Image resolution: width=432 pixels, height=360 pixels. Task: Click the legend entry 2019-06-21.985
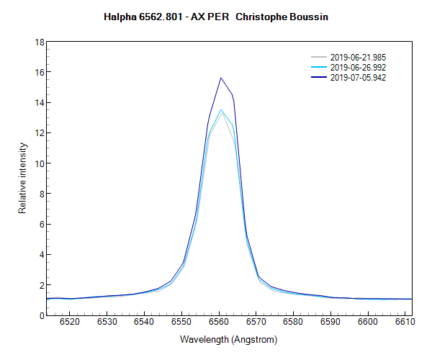[x=359, y=57]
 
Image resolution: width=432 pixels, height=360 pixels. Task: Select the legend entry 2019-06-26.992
[x=359, y=67]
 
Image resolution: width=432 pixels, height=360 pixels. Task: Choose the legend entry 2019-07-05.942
[x=359, y=77]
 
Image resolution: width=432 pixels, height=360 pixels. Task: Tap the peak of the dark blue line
[x=221, y=78]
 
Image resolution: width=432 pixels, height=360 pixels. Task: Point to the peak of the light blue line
[x=221, y=109]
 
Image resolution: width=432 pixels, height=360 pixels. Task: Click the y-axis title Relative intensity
[x=22, y=178]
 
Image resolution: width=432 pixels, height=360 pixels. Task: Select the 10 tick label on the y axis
[x=40, y=163]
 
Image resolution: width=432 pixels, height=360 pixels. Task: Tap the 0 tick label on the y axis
[x=42, y=315]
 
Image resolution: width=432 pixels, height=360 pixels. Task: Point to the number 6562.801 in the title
[x=161, y=16]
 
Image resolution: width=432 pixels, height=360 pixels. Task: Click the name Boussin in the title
[x=310, y=16]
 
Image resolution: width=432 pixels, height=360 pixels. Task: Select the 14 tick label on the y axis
[x=40, y=102]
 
